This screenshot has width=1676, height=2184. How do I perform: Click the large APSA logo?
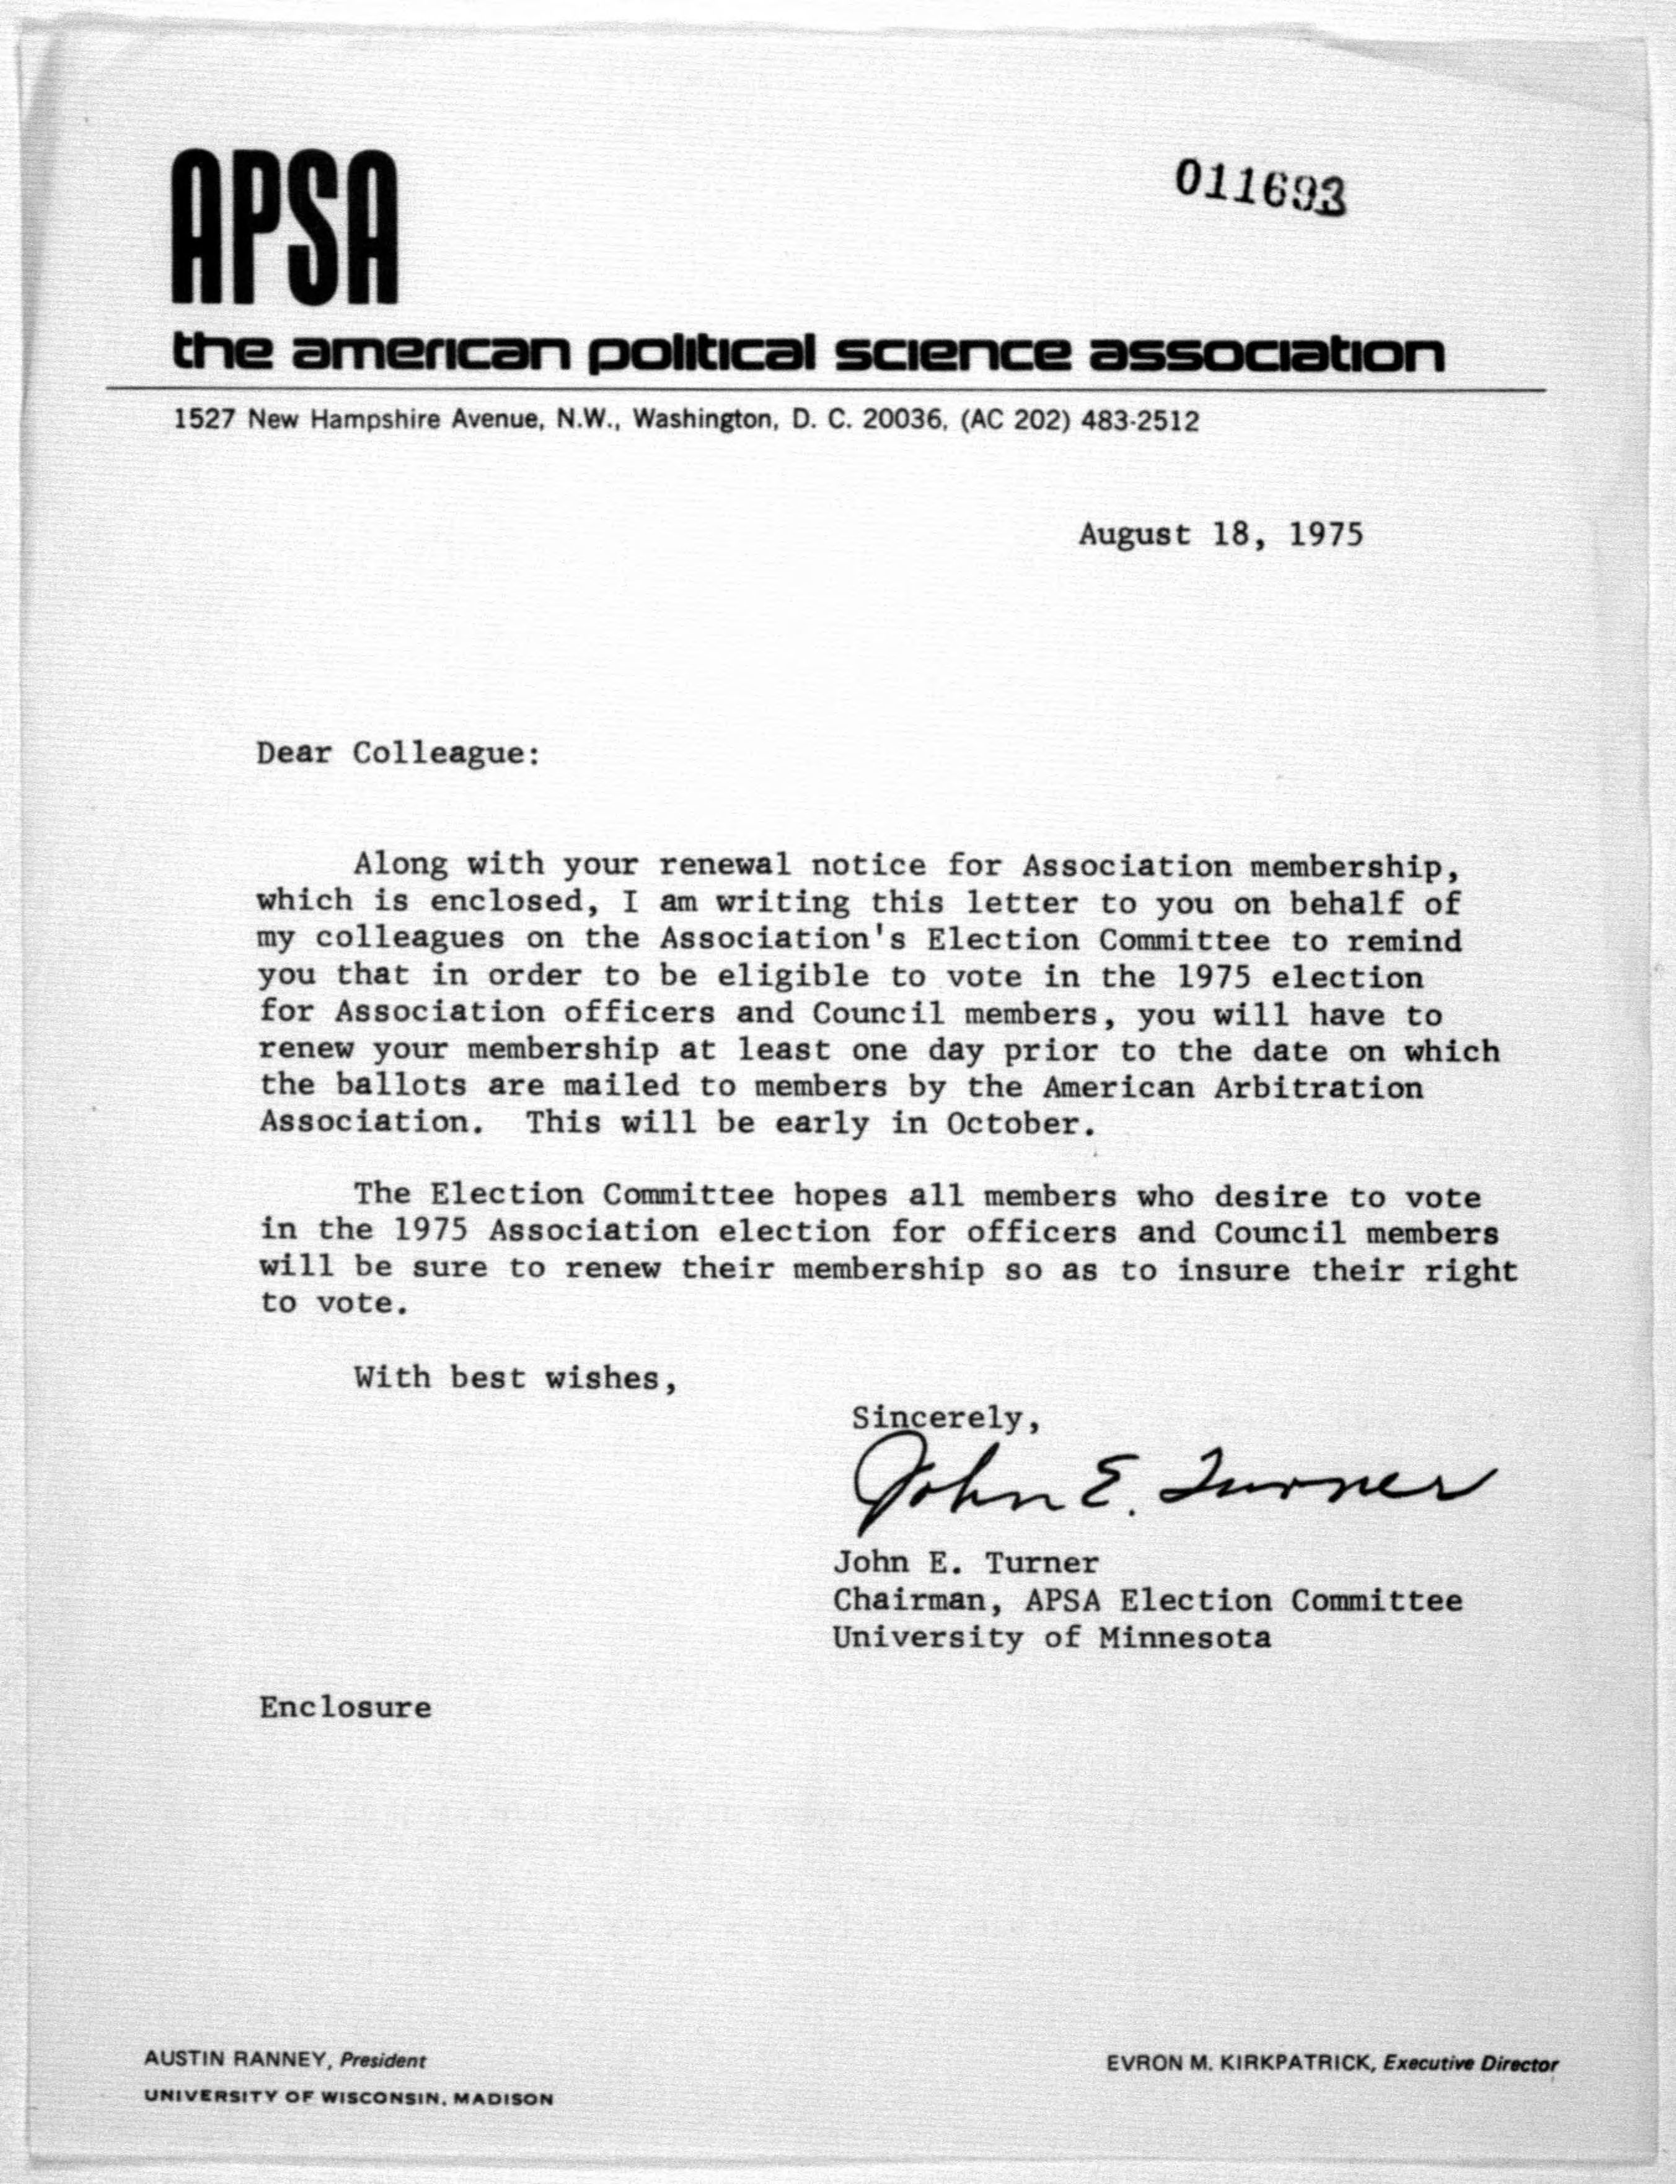click(285, 229)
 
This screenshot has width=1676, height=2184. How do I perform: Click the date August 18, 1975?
click(1220, 535)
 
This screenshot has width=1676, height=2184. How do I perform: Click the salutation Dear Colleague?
click(397, 752)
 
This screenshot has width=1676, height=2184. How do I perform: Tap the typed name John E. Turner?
click(966, 1563)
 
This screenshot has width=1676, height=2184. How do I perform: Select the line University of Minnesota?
click(1051, 1638)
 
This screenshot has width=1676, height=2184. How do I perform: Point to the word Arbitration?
click(1318, 1087)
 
